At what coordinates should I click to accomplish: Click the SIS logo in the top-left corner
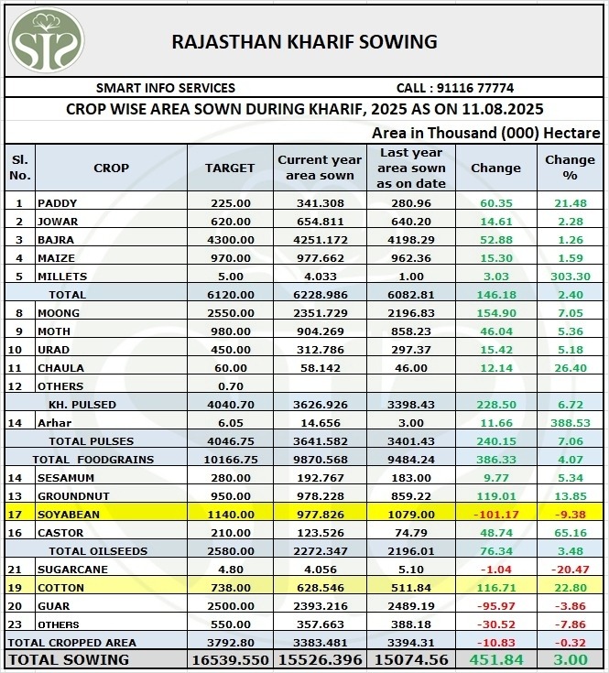click(x=46, y=40)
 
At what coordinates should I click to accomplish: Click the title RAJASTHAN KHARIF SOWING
click(x=305, y=41)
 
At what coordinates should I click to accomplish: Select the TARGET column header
click(x=230, y=168)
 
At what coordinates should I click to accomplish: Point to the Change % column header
click(x=570, y=167)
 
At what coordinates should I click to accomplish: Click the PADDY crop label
click(x=57, y=203)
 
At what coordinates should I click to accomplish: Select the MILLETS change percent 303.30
click(x=570, y=277)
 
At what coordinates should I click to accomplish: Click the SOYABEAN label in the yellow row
click(x=69, y=515)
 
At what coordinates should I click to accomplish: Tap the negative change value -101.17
click(x=495, y=515)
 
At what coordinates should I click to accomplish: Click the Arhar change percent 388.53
click(x=570, y=423)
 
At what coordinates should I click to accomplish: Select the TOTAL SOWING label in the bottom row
click(x=69, y=659)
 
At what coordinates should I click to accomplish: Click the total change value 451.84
click(x=495, y=659)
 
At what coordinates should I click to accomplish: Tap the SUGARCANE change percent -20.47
click(x=570, y=570)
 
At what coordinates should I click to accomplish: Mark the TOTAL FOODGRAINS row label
click(x=92, y=460)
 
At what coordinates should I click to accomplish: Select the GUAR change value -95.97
click(x=495, y=606)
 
